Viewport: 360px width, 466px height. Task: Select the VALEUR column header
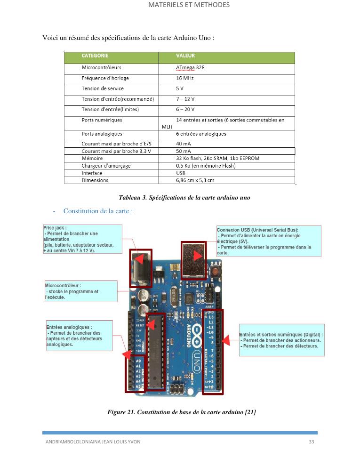185,56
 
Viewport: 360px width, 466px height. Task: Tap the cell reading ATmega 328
190,67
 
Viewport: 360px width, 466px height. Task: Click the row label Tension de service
103,88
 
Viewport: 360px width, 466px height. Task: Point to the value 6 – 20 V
185,109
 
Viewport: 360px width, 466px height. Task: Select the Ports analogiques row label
102,134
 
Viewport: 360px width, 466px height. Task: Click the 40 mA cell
183,144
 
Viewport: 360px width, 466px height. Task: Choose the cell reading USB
181,173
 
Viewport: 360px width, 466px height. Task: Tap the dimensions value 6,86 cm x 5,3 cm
195,180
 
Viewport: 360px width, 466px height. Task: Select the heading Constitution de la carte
98,211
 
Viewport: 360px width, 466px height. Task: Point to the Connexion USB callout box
269,241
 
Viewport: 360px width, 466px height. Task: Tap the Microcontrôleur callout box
80,291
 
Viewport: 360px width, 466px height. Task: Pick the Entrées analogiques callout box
79,336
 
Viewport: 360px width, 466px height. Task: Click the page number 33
311,442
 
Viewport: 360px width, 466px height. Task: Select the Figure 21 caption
181,412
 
